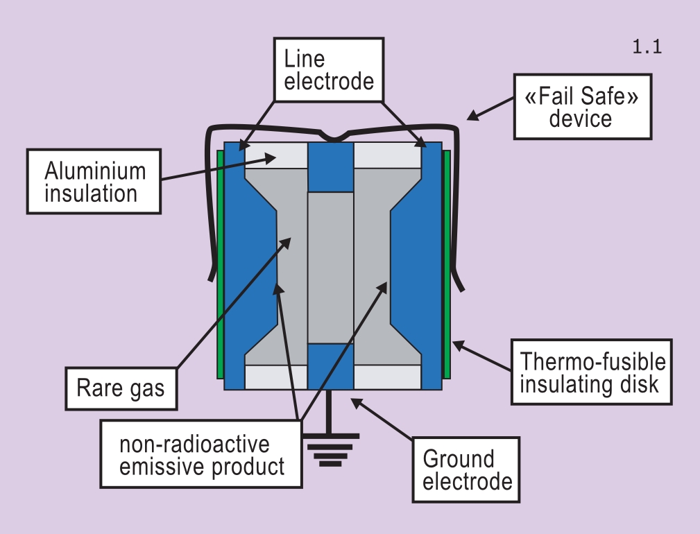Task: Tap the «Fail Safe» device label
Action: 581,106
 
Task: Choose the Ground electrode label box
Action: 460,470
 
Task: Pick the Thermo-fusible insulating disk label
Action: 592,372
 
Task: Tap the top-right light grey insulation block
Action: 387,155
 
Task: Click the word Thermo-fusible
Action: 592,361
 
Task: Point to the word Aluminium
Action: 96,171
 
